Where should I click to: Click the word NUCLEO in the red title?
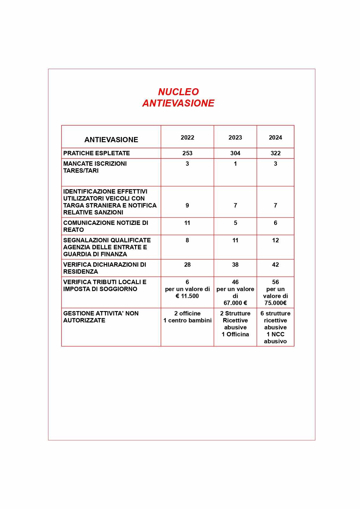coord(178,92)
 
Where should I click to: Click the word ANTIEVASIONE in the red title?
coord(178,103)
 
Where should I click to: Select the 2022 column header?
coord(187,138)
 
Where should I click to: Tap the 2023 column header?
coord(235,138)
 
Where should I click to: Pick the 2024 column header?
coord(275,138)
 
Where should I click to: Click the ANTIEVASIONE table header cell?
coord(111,140)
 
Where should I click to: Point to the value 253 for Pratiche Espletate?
coord(187,153)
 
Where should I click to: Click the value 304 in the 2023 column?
coord(235,153)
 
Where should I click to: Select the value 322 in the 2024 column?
coord(275,153)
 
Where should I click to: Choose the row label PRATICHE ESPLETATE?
coord(97,153)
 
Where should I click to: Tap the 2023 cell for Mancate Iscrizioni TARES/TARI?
coord(235,164)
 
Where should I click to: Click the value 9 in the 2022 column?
coord(187,205)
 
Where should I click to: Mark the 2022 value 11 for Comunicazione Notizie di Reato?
coord(187,223)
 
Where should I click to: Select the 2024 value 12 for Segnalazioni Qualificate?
coord(275,240)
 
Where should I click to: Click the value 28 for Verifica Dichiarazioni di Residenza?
coord(187,265)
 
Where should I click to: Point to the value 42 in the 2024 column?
coord(275,265)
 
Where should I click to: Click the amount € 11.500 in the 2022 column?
coord(187,296)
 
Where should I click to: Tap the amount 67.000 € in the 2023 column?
coord(235,303)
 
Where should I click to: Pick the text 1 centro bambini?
coord(187,320)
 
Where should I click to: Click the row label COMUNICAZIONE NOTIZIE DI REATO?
coord(106,226)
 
